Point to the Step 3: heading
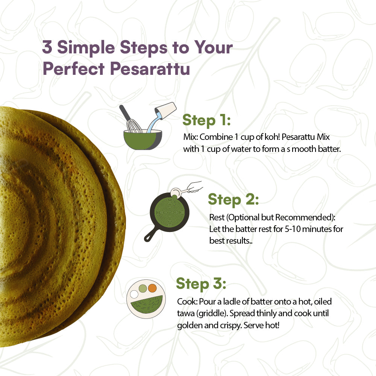[201, 284]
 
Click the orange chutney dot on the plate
[152, 288]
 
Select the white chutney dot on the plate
[134, 294]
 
